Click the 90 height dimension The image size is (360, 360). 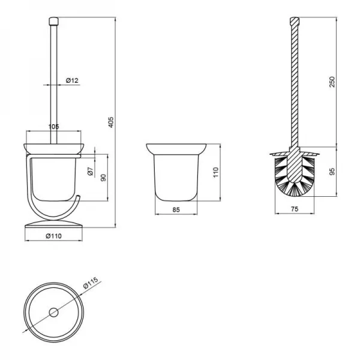[x=103, y=178]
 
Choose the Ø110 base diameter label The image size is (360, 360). [x=55, y=236]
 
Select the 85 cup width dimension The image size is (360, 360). [x=177, y=210]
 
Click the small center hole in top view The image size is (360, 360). [x=54, y=312]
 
